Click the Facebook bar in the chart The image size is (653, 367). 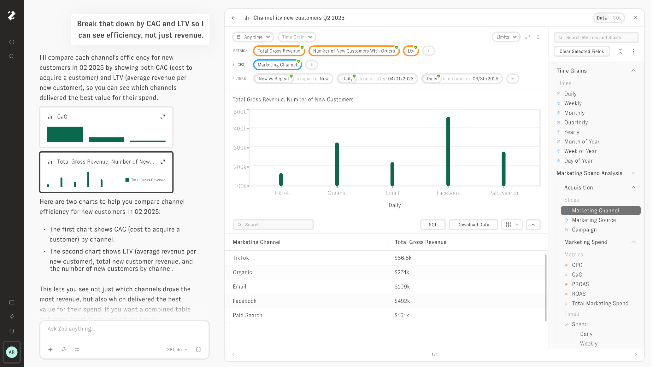[x=448, y=151]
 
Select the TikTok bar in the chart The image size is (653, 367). [x=281, y=179]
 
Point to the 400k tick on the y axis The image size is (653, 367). [x=240, y=129]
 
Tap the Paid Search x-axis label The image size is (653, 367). [x=503, y=193]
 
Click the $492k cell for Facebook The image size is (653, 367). [x=402, y=301]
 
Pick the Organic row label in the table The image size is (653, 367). [x=242, y=272]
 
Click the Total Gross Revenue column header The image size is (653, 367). [x=421, y=242]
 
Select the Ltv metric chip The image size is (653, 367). [x=411, y=51]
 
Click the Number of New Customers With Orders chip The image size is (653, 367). [x=354, y=51]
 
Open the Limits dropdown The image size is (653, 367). [x=506, y=37]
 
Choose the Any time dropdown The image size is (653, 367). [x=253, y=37]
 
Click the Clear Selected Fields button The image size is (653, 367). [x=582, y=51]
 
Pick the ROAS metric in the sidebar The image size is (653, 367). [x=579, y=294]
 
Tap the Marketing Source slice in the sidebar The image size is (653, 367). [x=594, y=220]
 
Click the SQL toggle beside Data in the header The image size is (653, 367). [x=617, y=18]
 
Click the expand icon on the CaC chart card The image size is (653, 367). [x=162, y=117]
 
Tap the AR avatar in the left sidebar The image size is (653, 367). [x=12, y=352]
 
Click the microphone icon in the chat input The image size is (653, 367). [x=64, y=349]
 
